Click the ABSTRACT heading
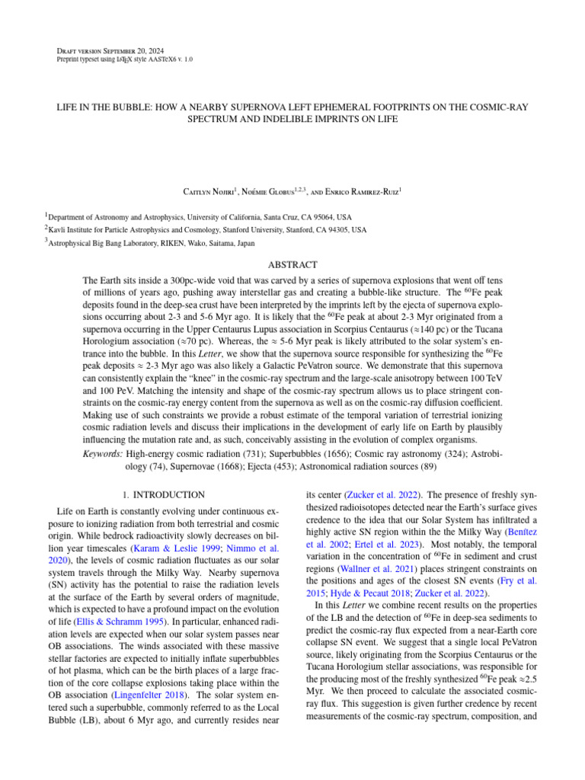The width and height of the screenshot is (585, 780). coord(292,264)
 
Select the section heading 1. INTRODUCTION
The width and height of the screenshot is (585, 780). coord(164,495)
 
